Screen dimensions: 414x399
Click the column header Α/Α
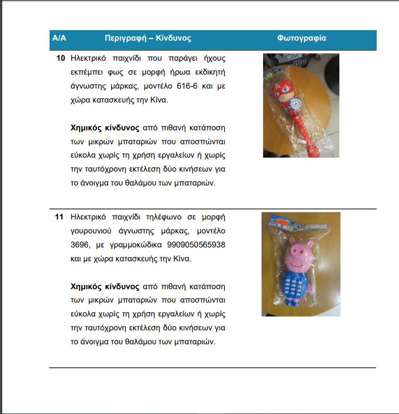tap(59, 38)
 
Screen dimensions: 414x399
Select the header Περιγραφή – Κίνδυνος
tap(148, 38)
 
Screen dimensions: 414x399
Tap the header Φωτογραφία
tap(301, 38)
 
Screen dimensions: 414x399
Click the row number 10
tap(61, 58)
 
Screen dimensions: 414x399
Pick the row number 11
tap(60, 217)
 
